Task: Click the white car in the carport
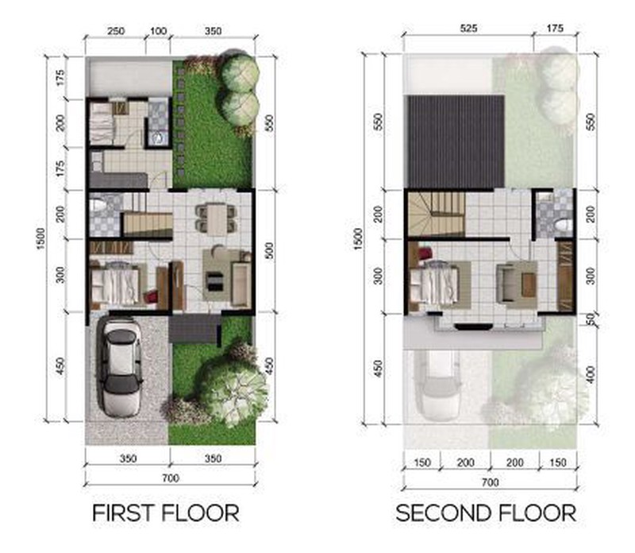(x=122, y=367)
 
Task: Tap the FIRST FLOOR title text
(x=166, y=513)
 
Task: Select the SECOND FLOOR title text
(x=486, y=513)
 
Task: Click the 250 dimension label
(x=115, y=31)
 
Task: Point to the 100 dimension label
(x=158, y=31)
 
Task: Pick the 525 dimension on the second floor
(x=468, y=29)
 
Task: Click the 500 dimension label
(x=269, y=250)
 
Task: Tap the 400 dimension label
(x=591, y=374)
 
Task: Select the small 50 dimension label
(x=591, y=319)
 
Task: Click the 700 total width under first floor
(x=171, y=478)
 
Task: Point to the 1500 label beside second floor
(x=358, y=239)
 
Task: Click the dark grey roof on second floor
(x=456, y=141)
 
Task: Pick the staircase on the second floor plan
(x=436, y=213)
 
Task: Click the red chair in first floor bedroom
(x=152, y=295)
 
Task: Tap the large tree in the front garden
(x=232, y=388)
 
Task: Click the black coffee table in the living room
(x=214, y=281)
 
